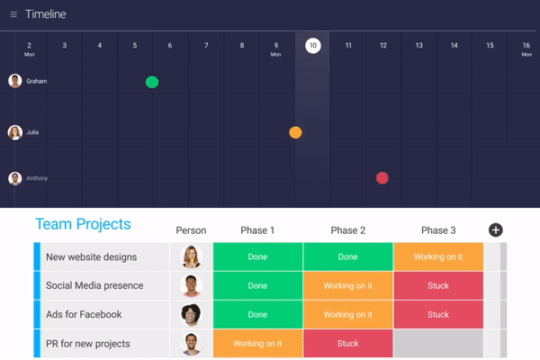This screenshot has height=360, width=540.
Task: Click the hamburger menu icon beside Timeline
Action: click(x=13, y=14)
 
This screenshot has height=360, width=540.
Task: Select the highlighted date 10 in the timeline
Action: click(x=312, y=46)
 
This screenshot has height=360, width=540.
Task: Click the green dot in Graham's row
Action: click(x=152, y=82)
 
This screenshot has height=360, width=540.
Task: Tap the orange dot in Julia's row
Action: click(x=295, y=132)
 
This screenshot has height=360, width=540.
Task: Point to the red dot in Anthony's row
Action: click(x=382, y=178)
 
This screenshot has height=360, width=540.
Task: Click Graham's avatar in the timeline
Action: click(x=15, y=81)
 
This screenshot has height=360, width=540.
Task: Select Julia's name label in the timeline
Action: click(x=32, y=132)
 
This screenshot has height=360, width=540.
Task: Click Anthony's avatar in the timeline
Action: click(x=15, y=178)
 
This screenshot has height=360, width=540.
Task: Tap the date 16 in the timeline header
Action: click(x=526, y=46)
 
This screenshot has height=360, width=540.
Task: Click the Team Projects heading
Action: click(x=83, y=225)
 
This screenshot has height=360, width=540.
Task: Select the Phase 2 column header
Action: click(x=347, y=230)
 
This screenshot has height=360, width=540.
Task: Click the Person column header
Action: click(x=191, y=230)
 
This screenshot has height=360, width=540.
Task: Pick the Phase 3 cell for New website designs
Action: click(x=437, y=257)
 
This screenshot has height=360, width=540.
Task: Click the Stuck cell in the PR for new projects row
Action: click(x=347, y=344)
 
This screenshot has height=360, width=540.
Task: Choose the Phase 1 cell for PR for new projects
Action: click(x=257, y=344)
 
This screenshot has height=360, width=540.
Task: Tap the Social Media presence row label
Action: click(x=94, y=286)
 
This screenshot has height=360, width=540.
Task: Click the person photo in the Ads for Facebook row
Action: click(x=191, y=315)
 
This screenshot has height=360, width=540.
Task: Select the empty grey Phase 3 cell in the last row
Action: click(x=437, y=344)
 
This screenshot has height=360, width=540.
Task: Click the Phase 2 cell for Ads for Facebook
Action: click(x=347, y=315)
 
